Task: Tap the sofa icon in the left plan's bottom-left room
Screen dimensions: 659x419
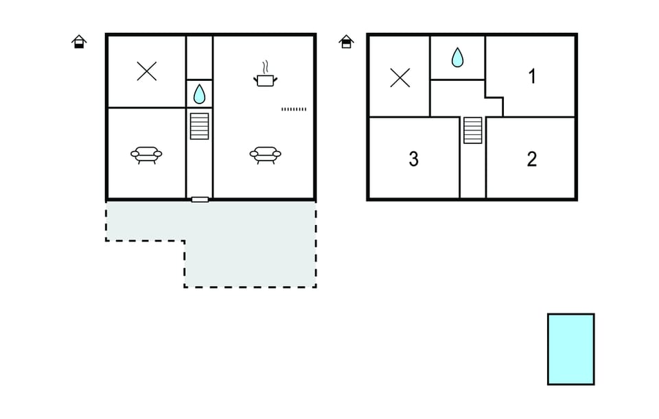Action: pyautogui.click(x=146, y=155)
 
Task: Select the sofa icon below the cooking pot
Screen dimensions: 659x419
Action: pyautogui.click(x=265, y=155)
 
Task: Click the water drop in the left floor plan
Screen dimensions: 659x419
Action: pyautogui.click(x=199, y=94)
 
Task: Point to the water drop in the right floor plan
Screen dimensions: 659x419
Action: pyautogui.click(x=457, y=58)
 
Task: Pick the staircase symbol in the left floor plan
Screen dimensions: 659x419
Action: pyautogui.click(x=199, y=126)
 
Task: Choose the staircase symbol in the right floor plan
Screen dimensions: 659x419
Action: pyautogui.click(x=473, y=130)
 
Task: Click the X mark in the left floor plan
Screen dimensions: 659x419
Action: pyautogui.click(x=147, y=71)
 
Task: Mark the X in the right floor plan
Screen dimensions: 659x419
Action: pyautogui.click(x=400, y=78)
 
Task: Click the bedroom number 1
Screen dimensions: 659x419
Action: pyautogui.click(x=532, y=76)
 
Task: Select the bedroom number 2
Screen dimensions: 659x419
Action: pyautogui.click(x=531, y=159)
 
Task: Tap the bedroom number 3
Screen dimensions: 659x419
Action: pyautogui.click(x=413, y=159)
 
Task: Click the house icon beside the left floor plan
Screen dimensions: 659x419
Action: pyautogui.click(x=79, y=42)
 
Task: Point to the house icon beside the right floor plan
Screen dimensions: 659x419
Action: pyautogui.click(x=346, y=42)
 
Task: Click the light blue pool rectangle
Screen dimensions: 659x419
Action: pyautogui.click(x=570, y=349)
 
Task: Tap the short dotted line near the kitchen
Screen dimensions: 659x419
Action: pyautogui.click(x=294, y=109)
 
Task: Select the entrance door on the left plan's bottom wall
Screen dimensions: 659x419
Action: pyautogui.click(x=200, y=200)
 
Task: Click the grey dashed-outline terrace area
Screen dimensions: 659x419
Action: pyautogui.click(x=250, y=243)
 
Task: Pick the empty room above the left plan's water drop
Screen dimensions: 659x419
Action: pyautogui.click(x=199, y=58)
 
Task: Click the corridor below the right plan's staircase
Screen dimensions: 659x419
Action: pyautogui.click(x=473, y=170)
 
